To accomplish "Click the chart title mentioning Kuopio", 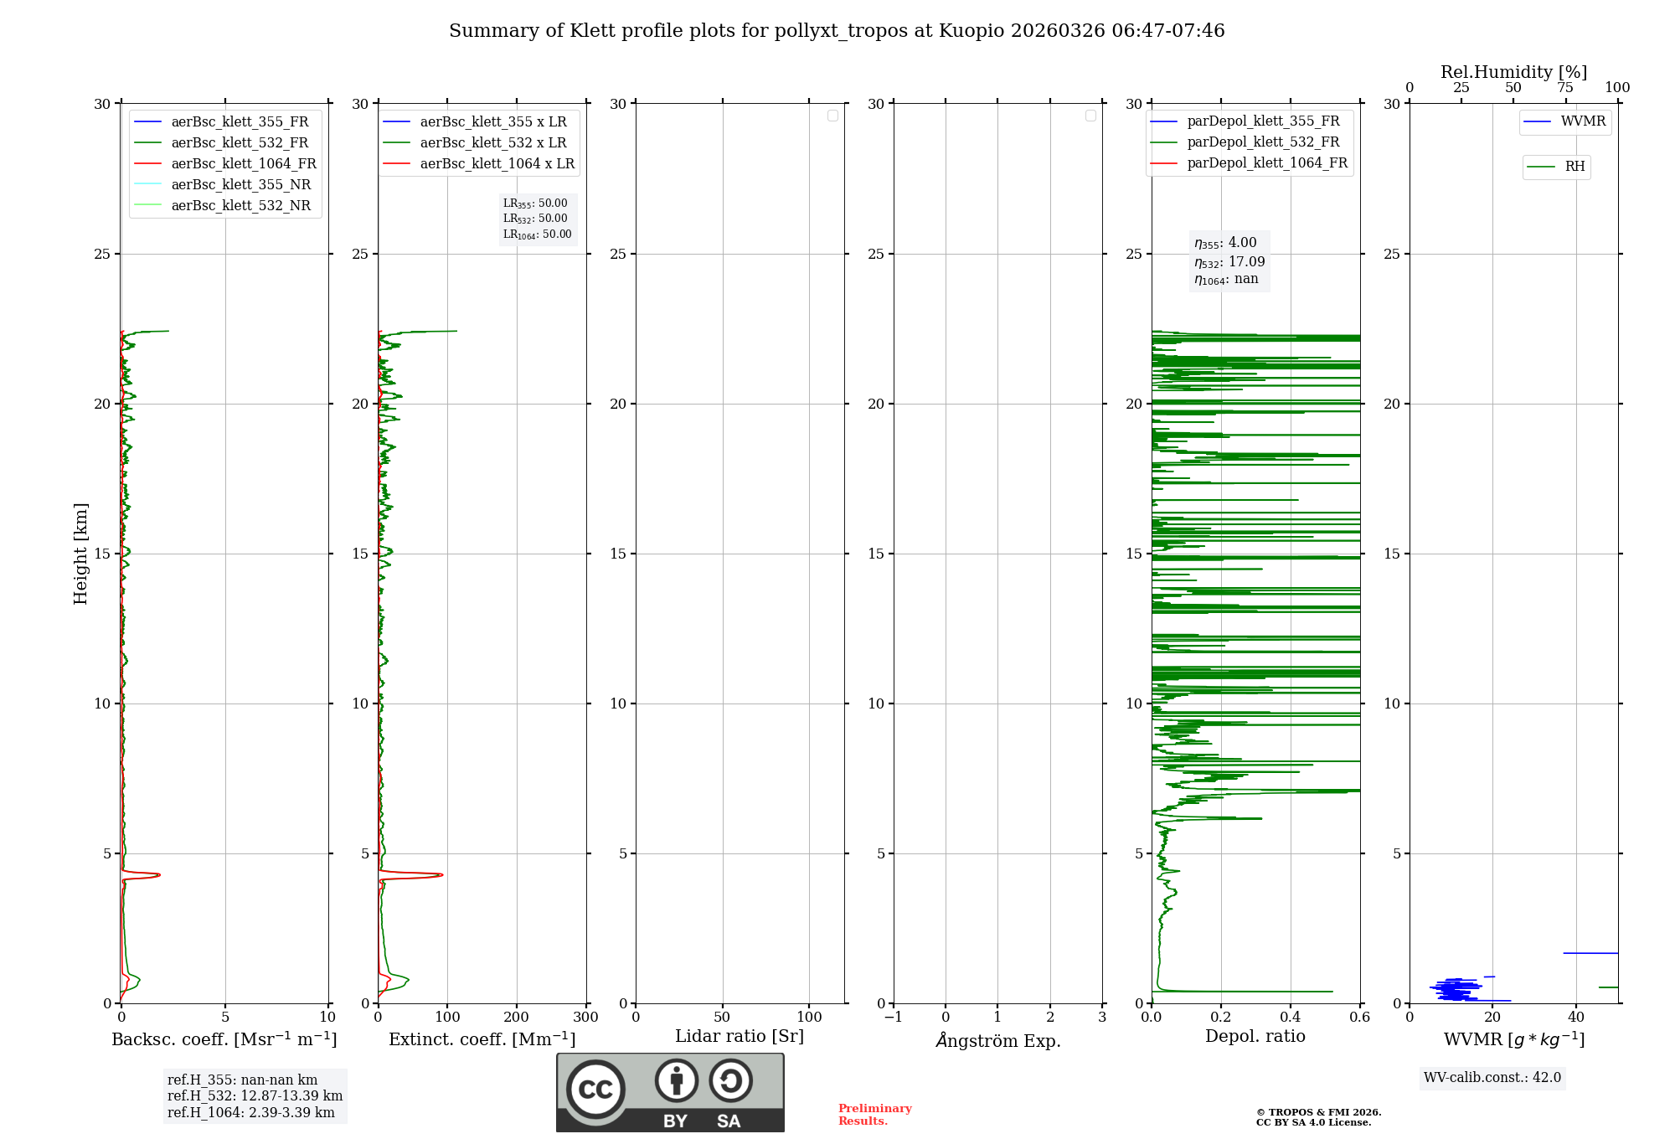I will pyautogui.click(x=837, y=31).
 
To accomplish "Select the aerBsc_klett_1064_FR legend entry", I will pyautogui.click(x=243, y=163).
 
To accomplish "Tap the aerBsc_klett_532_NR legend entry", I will pyautogui.click(x=240, y=205).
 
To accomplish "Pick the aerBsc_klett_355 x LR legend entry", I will pyautogui.click(x=492, y=121).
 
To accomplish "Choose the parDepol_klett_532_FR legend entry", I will pyautogui.click(x=1262, y=142).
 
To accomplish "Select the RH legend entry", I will pyautogui.click(x=1574, y=167).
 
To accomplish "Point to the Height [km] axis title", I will pyautogui.click(x=80, y=554).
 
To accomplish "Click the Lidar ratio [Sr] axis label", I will pyautogui.click(x=739, y=1036).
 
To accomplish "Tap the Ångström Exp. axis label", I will pyautogui.click(x=997, y=1040).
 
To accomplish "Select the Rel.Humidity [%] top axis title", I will pyautogui.click(x=1513, y=72).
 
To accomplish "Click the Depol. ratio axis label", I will pyautogui.click(x=1255, y=1036).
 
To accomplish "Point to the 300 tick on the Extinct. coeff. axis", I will pyautogui.click(x=585, y=1018).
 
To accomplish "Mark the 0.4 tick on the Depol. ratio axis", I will pyautogui.click(x=1291, y=1018).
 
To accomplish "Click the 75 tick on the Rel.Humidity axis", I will pyautogui.click(x=1564, y=88).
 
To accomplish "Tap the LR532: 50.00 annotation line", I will pyautogui.click(x=535, y=219).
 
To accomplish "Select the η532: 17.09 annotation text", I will pyautogui.click(x=1229, y=262).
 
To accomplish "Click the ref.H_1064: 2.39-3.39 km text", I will pyautogui.click(x=250, y=1112).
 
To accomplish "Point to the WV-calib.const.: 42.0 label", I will pyautogui.click(x=1492, y=1077).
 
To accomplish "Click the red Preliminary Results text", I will pyautogui.click(x=874, y=1114).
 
